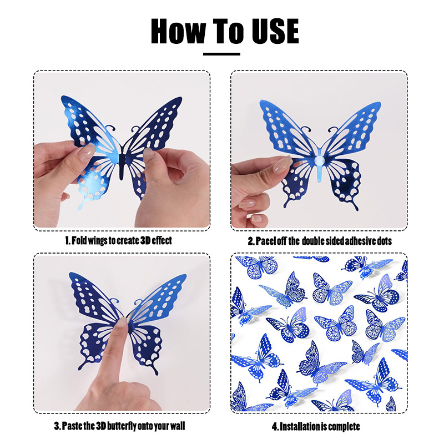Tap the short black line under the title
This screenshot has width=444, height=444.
pos(221,54)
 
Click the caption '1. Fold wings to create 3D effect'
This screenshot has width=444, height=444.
pos(119,240)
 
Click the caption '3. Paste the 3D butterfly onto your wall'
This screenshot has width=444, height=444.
pos(119,426)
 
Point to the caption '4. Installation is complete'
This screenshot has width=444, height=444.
pos(316,426)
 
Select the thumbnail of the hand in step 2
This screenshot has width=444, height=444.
pos(282,162)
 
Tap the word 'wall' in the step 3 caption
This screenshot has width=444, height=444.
pos(176,426)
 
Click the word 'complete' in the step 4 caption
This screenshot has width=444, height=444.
pos(344,426)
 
